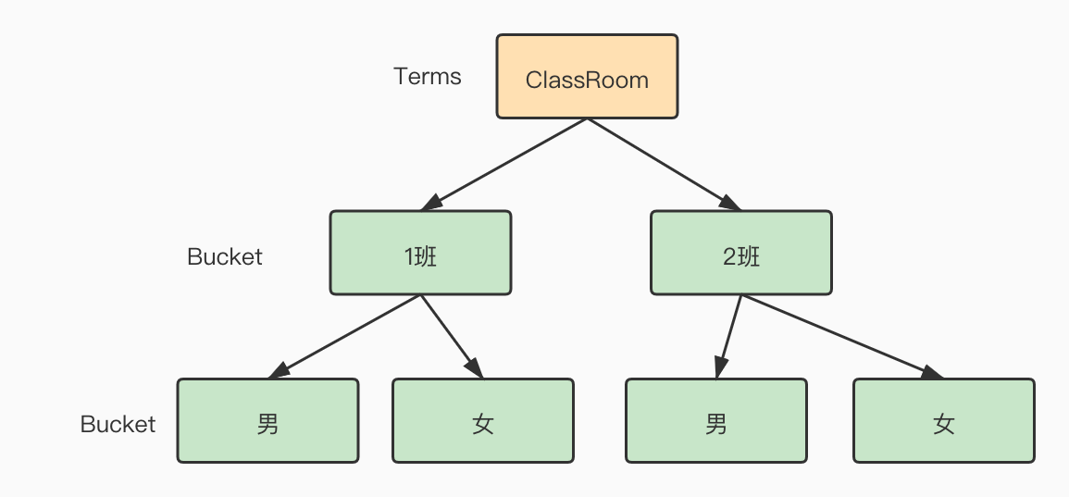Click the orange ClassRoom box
pyautogui.click(x=587, y=77)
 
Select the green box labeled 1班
pyautogui.click(x=420, y=253)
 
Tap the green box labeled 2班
pyautogui.click(x=740, y=253)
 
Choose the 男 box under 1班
pyautogui.click(x=267, y=420)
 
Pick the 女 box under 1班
pyautogui.click(x=482, y=420)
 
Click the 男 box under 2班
pyautogui.click(x=715, y=420)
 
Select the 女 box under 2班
pyautogui.click(x=943, y=420)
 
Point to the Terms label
pyautogui.click(x=427, y=77)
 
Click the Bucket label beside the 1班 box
pyautogui.click(x=225, y=256)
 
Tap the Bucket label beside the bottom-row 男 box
pyautogui.click(x=118, y=424)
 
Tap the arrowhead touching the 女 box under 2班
pyautogui.click(x=932, y=372)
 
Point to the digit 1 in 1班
pyautogui.click(x=408, y=256)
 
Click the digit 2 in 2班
pyautogui.click(x=729, y=256)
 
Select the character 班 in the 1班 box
pyautogui.click(x=427, y=256)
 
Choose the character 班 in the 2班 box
pyautogui.click(x=749, y=256)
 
